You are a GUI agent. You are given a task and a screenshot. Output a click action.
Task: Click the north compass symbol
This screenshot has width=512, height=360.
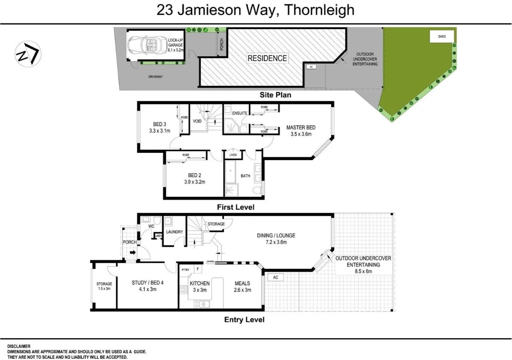click(x=28, y=54)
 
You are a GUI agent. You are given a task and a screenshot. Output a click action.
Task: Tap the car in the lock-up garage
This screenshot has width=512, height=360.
click(x=144, y=45)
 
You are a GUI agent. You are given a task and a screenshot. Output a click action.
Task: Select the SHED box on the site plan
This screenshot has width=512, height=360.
click(x=442, y=36)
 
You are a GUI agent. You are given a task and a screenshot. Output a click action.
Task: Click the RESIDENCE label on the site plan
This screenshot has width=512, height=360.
click(x=267, y=58)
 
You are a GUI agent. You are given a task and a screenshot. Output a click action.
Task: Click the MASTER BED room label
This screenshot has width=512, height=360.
click(x=301, y=127)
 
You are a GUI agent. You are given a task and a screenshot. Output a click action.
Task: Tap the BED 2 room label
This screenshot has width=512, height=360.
click(x=195, y=175)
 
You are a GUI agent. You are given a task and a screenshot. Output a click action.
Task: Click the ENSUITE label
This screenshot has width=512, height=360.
click(x=239, y=113)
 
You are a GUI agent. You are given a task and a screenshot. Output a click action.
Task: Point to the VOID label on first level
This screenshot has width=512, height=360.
click(x=197, y=121)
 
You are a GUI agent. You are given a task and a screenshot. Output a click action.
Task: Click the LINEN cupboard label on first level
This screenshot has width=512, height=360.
click(x=233, y=155)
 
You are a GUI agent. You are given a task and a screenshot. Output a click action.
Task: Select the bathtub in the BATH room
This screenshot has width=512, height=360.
click(x=230, y=172)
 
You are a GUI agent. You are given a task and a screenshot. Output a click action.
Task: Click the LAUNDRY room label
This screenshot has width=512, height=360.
click(x=175, y=232)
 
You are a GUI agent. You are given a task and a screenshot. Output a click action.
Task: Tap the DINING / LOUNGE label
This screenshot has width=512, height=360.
click(x=276, y=236)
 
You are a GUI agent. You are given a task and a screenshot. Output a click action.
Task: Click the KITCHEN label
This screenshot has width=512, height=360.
click(x=200, y=283)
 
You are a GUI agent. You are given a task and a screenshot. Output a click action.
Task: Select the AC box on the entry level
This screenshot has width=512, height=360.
click(x=275, y=278)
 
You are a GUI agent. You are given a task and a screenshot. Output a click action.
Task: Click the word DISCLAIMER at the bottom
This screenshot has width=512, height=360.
click(x=19, y=346)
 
